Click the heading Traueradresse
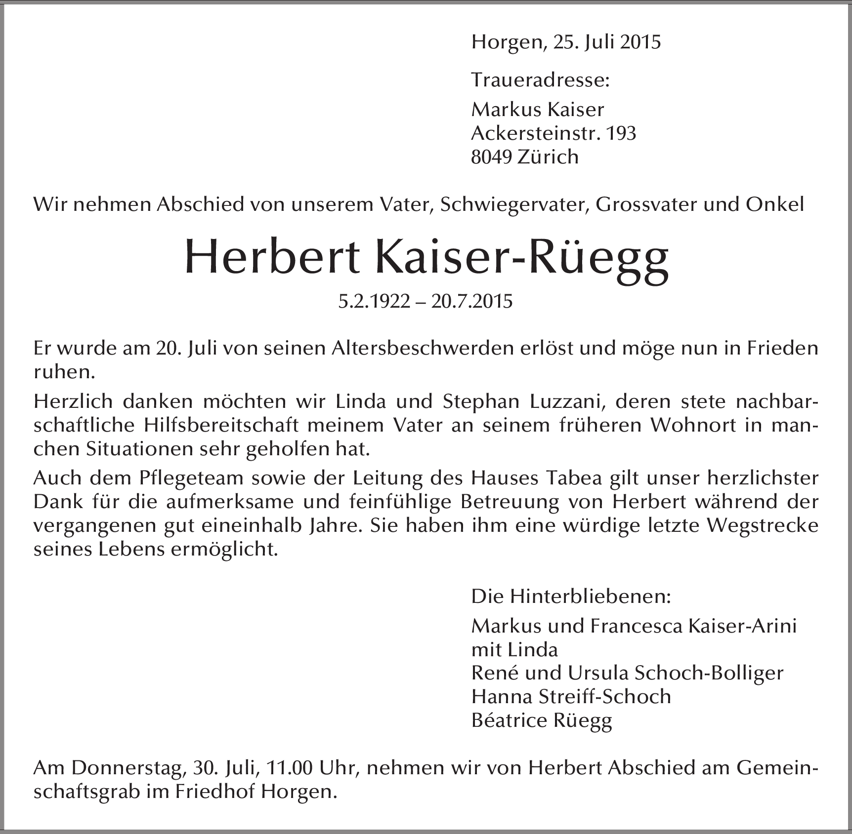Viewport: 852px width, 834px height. (540, 80)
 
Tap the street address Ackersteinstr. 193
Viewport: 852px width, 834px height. (554, 133)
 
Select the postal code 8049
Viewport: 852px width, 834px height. (491, 157)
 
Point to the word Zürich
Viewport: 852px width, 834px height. (548, 157)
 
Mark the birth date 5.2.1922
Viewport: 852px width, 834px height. (374, 301)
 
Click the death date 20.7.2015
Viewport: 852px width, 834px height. (471, 301)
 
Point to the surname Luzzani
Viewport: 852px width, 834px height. (567, 401)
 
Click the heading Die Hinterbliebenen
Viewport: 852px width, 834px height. (571, 597)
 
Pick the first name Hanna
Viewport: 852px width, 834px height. (500, 697)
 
